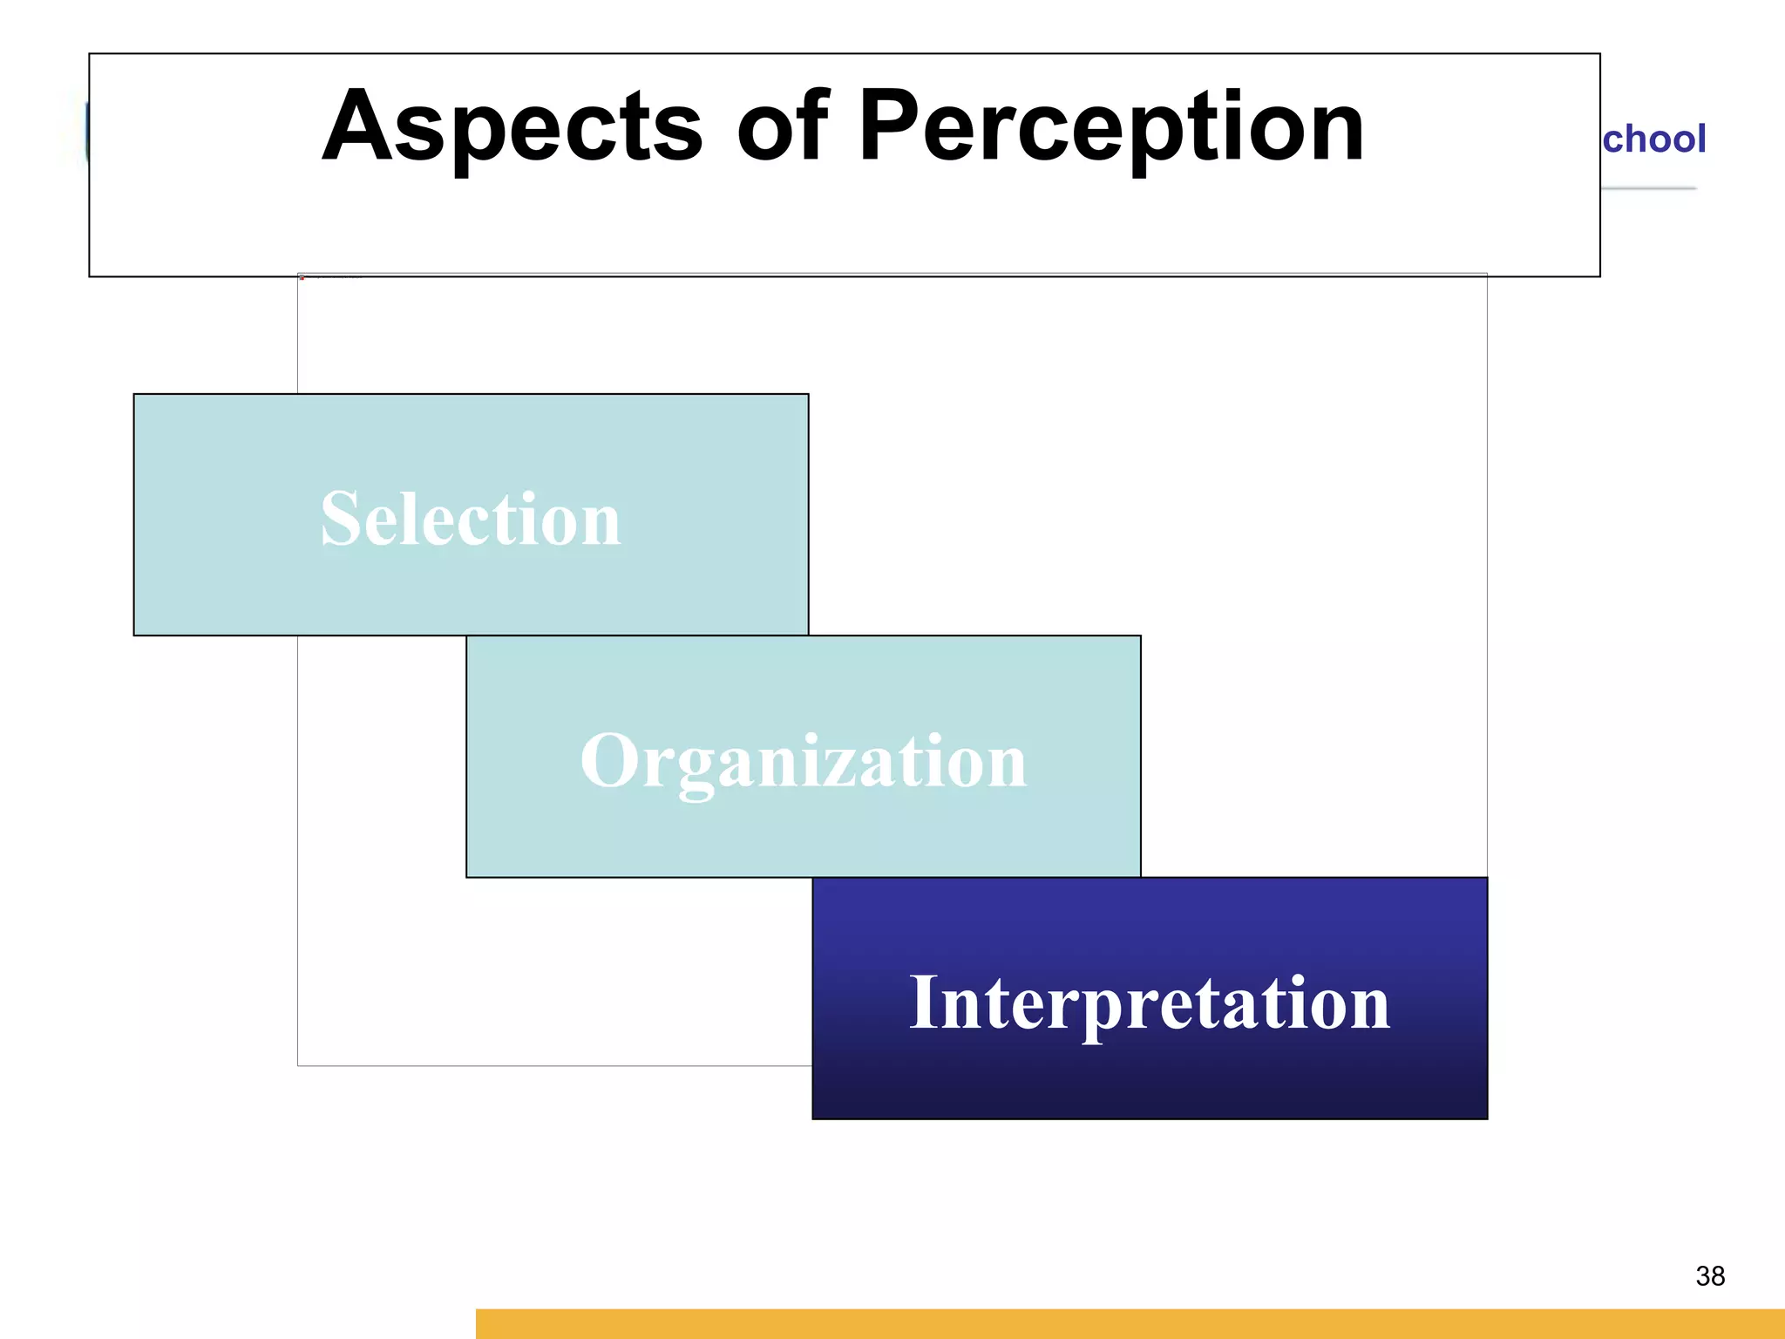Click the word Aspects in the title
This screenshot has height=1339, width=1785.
[x=512, y=128]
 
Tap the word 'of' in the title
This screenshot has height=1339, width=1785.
[x=782, y=128]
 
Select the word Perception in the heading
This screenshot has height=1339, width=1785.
[x=1110, y=128]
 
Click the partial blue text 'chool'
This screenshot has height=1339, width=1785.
[x=1653, y=139]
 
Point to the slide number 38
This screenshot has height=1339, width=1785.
[x=1710, y=1276]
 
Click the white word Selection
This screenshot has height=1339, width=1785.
[x=471, y=520]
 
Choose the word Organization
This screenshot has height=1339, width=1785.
[x=804, y=762]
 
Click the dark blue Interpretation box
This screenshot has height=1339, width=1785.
[x=1149, y=1081]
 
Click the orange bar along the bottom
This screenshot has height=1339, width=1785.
[x=1130, y=1324]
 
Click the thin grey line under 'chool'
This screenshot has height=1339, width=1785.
[x=1649, y=188]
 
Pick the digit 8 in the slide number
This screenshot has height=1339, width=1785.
[x=1718, y=1276]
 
